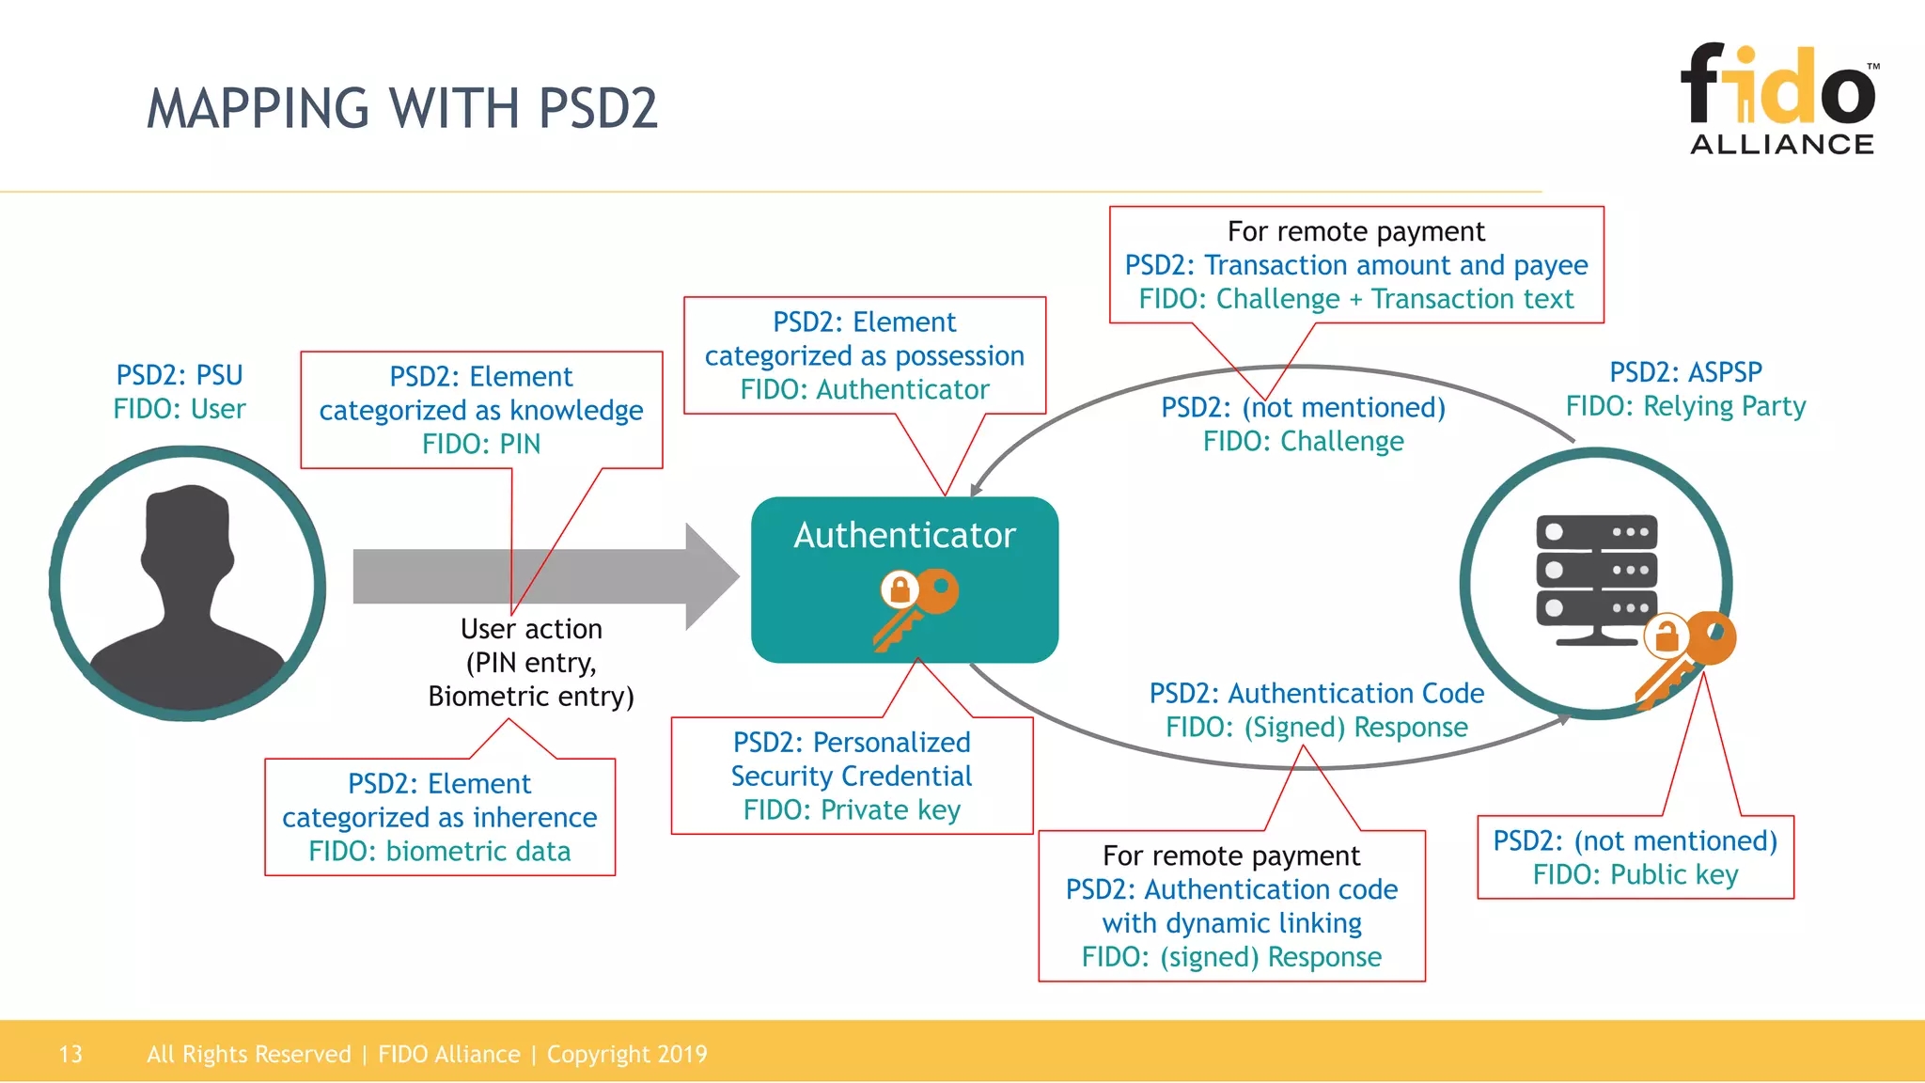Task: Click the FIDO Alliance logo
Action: [x=1780, y=99]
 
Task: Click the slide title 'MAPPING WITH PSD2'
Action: [x=402, y=108]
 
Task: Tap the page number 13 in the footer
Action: [x=70, y=1054]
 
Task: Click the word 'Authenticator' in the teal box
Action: [x=904, y=535]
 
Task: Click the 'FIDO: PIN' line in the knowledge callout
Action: [x=481, y=444]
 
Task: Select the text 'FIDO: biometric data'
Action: [x=440, y=851]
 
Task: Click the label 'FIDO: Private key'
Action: [x=852, y=809]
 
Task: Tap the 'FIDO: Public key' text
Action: [x=1635, y=874]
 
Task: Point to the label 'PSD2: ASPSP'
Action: [x=1685, y=372]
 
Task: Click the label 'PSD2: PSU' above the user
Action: [x=180, y=375]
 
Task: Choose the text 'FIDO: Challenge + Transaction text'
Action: [x=1355, y=299]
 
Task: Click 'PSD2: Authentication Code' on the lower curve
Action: [x=1316, y=694]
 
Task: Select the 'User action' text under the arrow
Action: [x=531, y=629]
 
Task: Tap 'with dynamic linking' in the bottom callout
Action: [x=1231, y=923]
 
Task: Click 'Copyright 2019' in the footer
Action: [x=627, y=1054]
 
